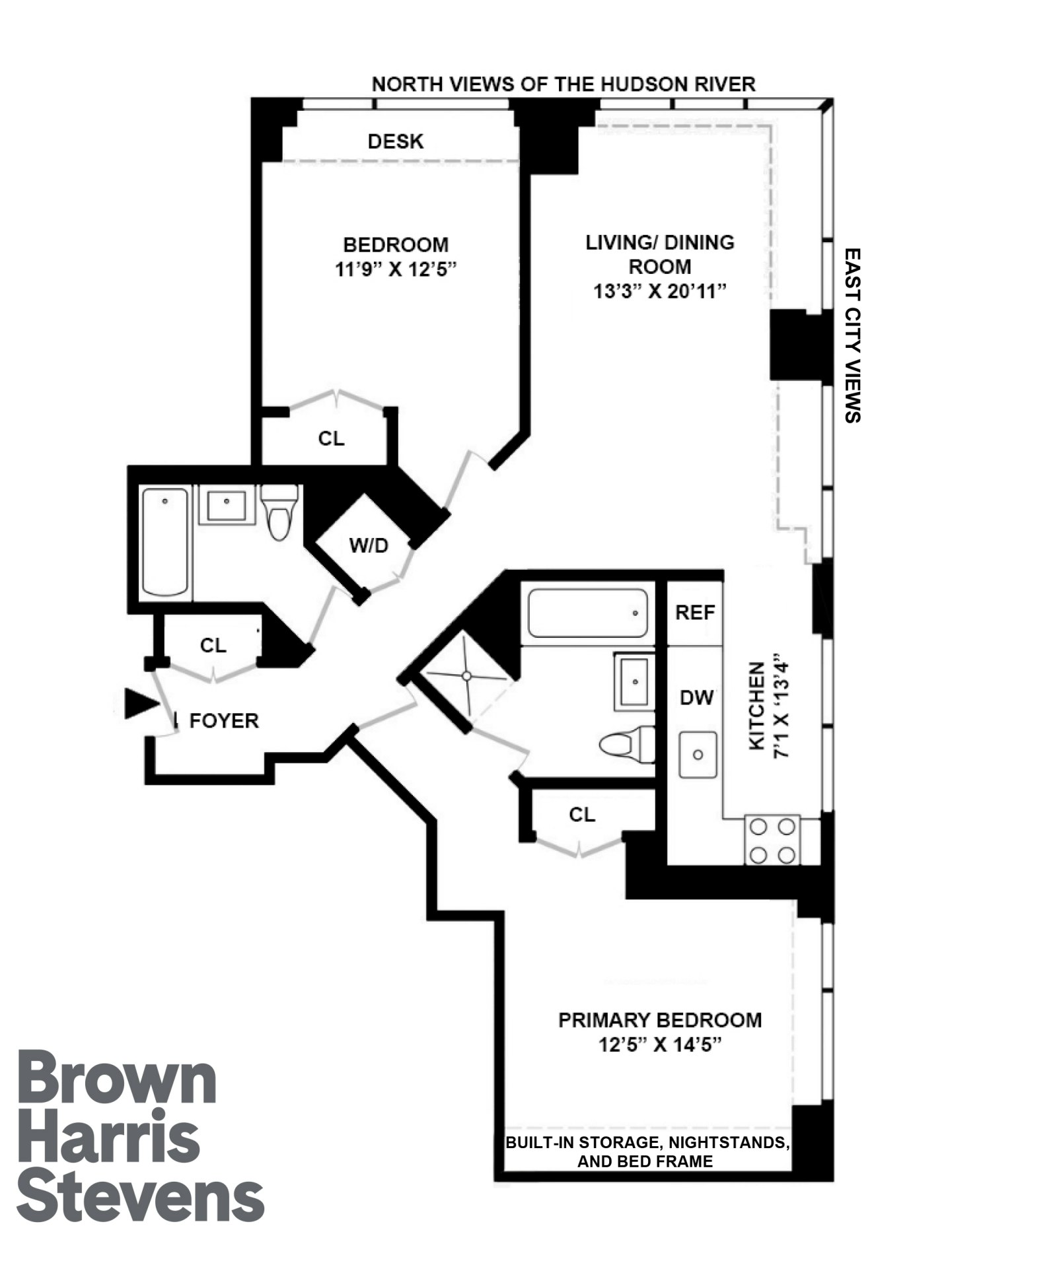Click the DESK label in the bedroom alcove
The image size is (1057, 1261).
(x=395, y=141)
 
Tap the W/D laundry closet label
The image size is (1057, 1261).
(x=369, y=545)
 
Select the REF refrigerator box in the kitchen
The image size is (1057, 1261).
(x=694, y=613)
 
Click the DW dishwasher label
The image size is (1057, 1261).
(x=696, y=697)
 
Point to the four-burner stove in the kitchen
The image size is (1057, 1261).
(x=772, y=840)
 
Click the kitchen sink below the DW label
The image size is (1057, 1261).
(x=698, y=754)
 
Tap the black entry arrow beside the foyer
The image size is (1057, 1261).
(x=141, y=703)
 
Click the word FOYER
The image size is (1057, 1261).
(x=224, y=721)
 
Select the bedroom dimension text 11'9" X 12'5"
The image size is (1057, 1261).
(x=396, y=269)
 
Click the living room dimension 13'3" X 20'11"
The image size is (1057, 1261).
(x=659, y=291)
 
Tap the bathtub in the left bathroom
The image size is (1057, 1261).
(x=165, y=543)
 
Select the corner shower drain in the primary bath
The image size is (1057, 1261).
(x=466, y=676)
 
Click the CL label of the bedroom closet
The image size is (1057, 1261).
(x=331, y=438)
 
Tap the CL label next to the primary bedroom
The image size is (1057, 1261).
(x=581, y=815)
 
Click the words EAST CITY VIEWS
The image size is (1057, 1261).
(x=853, y=335)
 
